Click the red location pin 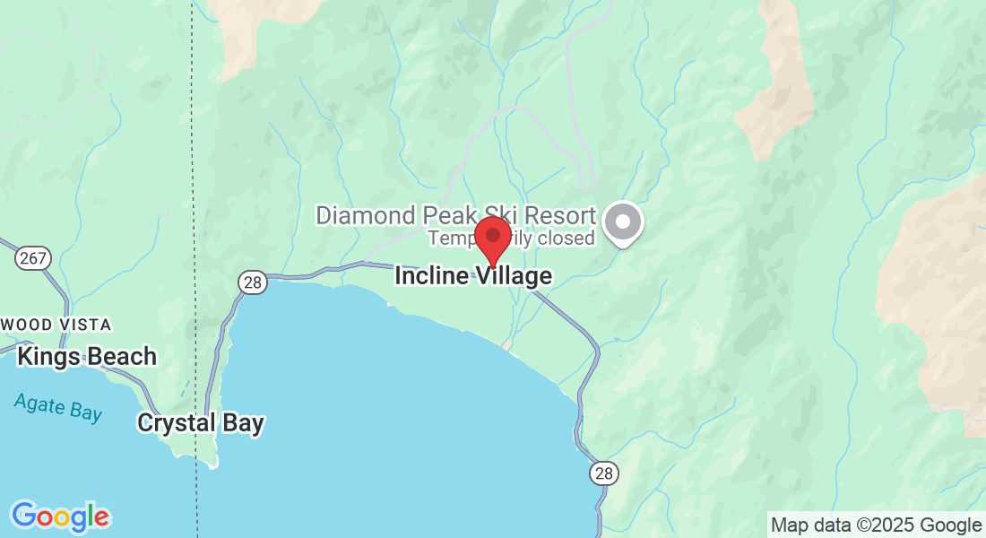(492, 238)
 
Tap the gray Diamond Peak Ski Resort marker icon (623, 221)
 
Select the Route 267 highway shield (33, 258)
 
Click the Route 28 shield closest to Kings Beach (253, 282)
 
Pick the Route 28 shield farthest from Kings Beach (603, 473)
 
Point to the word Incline (431, 276)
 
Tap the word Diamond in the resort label (366, 216)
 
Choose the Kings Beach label (87, 356)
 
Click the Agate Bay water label (58, 407)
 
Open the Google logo (60, 516)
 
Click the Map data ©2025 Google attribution (876, 525)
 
